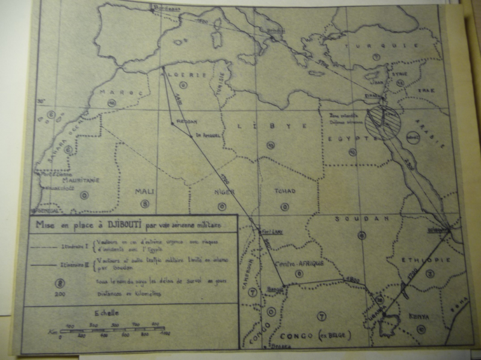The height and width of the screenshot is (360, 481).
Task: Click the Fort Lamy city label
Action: pos(266,230)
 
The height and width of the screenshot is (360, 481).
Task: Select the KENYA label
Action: pos(416,314)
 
